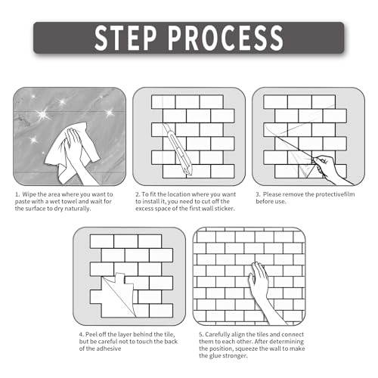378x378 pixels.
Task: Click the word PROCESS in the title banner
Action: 226,38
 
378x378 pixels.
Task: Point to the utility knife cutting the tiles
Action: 177,149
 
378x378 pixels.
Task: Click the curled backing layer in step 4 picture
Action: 119,293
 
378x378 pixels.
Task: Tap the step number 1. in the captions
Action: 17,194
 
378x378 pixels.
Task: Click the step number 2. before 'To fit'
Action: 138,194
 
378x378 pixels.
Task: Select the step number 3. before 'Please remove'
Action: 258,194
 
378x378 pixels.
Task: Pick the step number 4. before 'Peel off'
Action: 82,334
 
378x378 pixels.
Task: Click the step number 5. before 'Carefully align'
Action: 201,334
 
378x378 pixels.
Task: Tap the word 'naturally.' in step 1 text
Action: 77,209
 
